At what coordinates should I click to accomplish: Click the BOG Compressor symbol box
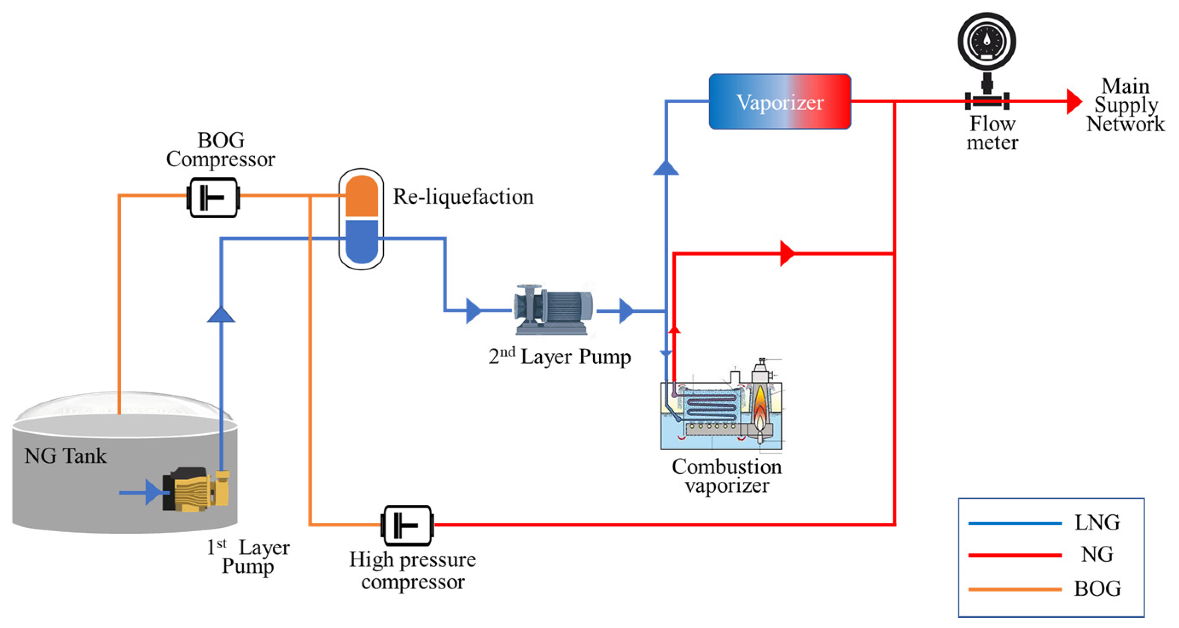tap(213, 197)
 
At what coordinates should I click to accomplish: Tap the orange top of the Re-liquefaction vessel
tap(361, 195)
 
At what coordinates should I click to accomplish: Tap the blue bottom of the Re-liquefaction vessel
tap(361, 241)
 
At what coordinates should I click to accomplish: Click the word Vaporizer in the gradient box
tap(780, 102)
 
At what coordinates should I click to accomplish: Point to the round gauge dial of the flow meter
tap(986, 41)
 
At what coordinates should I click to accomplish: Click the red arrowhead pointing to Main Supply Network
tap(1073, 101)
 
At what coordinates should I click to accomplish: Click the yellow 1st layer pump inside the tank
tap(197, 489)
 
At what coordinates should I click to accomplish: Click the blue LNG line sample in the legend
tap(1015, 523)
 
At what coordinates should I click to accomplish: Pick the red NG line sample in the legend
tap(1015, 555)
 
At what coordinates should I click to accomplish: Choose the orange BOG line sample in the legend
tap(1015, 589)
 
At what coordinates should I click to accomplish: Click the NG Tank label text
tap(65, 456)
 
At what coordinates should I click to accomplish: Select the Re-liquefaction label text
tap(463, 197)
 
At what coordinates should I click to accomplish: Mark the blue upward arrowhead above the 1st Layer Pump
tap(221, 315)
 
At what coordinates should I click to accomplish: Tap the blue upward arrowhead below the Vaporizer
tap(666, 168)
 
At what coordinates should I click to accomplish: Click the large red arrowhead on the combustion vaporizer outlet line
tap(787, 253)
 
